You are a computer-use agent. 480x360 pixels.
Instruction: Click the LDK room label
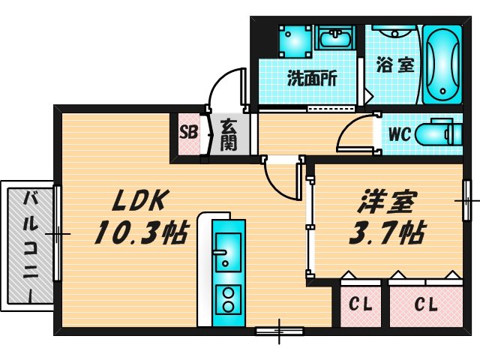142,200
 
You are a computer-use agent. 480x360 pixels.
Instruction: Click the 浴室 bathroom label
394,64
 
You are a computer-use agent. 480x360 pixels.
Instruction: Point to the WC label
397,136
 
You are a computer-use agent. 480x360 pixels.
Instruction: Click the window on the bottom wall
279,329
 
